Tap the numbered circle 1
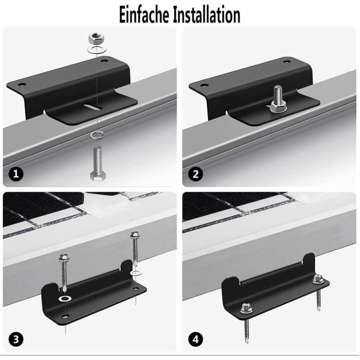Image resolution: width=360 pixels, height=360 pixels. coord(17,175)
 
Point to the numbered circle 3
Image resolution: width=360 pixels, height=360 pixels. coord(17,339)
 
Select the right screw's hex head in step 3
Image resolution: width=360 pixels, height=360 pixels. coord(133,237)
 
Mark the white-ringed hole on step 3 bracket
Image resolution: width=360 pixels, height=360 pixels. coord(64,298)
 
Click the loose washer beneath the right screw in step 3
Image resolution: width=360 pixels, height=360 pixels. coord(136,274)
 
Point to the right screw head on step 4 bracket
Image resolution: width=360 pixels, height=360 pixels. coord(318,280)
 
